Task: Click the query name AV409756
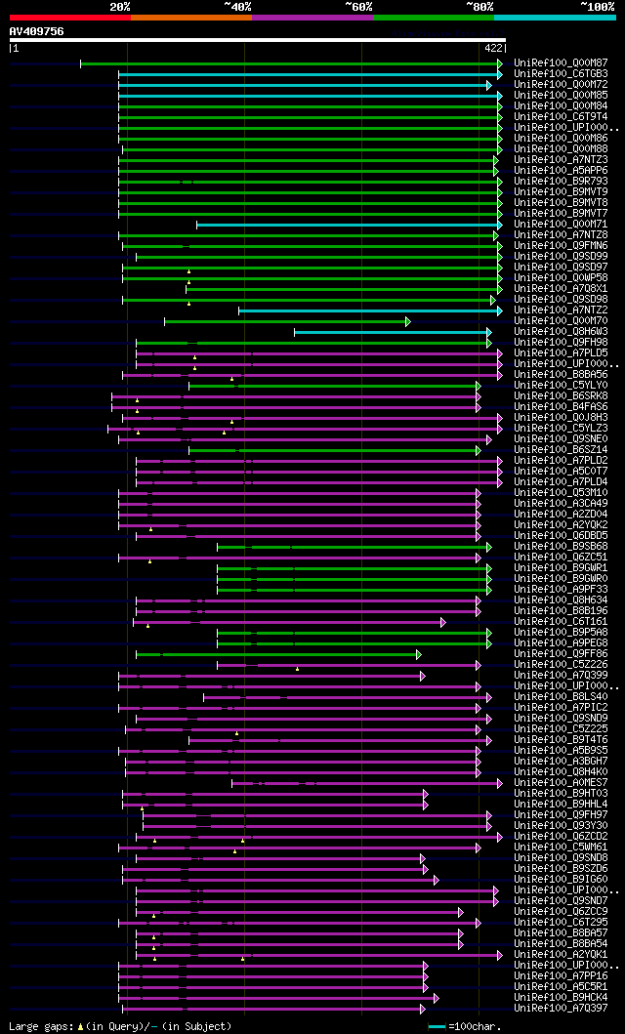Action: tap(36, 31)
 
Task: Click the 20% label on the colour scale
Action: tap(119, 6)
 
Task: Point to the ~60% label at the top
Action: tap(358, 6)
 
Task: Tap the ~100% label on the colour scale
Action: tap(597, 6)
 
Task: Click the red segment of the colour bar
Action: tap(69, 17)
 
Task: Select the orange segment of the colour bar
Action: tap(190, 17)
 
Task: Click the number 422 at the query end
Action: tap(492, 47)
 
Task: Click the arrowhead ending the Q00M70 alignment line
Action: tap(408, 321)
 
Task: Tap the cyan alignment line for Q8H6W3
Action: tap(391, 332)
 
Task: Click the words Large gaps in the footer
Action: tap(39, 1026)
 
